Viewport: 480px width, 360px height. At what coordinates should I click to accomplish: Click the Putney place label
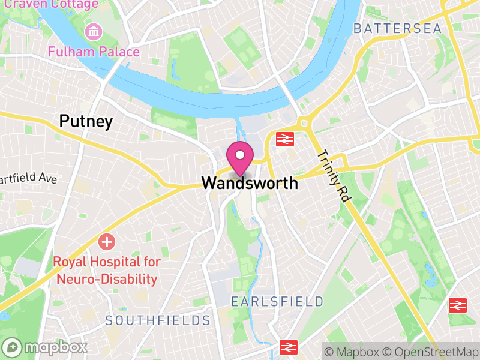click(x=86, y=122)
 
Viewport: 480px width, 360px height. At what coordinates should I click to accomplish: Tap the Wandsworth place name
click(x=250, y=183)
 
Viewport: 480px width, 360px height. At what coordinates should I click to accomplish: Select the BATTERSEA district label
click(x=397, y=28)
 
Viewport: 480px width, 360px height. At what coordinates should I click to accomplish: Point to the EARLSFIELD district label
click(x=278, y=301)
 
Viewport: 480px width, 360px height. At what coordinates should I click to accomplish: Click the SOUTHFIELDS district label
click(x=158, y=320)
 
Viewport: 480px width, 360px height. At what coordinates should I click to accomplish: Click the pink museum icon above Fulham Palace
click(x=94, y=31)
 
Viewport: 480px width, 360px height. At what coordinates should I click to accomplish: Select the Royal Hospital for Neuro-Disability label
click(x=106, y=271)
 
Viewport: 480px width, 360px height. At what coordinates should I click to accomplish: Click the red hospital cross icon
click(x=106, y=243)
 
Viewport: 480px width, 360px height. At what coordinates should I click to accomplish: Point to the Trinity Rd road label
click(x=334, y=175)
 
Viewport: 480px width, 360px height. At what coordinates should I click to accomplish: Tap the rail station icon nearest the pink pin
click(x=284, y=140)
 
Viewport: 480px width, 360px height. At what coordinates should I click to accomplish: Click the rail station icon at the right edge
click(x=458, y=305)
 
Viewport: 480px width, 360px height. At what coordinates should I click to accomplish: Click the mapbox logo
click(x=46, y=347)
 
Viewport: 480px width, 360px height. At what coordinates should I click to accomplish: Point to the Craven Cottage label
click(x=51, y=5)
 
